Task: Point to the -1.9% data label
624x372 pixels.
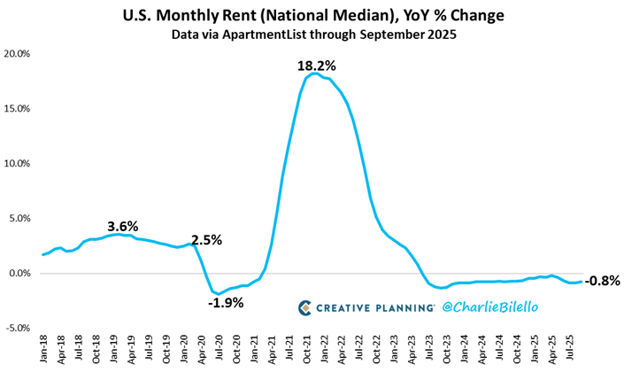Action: coord(226,303)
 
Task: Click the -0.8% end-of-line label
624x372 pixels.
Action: coord(603,281)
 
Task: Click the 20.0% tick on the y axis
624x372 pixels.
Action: coord(18,54)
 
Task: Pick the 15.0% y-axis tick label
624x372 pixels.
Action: coord(18,109)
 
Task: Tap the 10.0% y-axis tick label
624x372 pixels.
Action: coord(18,164)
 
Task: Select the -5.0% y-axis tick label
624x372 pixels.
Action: coord(18,328)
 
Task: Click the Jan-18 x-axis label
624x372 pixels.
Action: coord(45,351)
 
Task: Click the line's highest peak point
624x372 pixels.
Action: coord(313,74)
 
